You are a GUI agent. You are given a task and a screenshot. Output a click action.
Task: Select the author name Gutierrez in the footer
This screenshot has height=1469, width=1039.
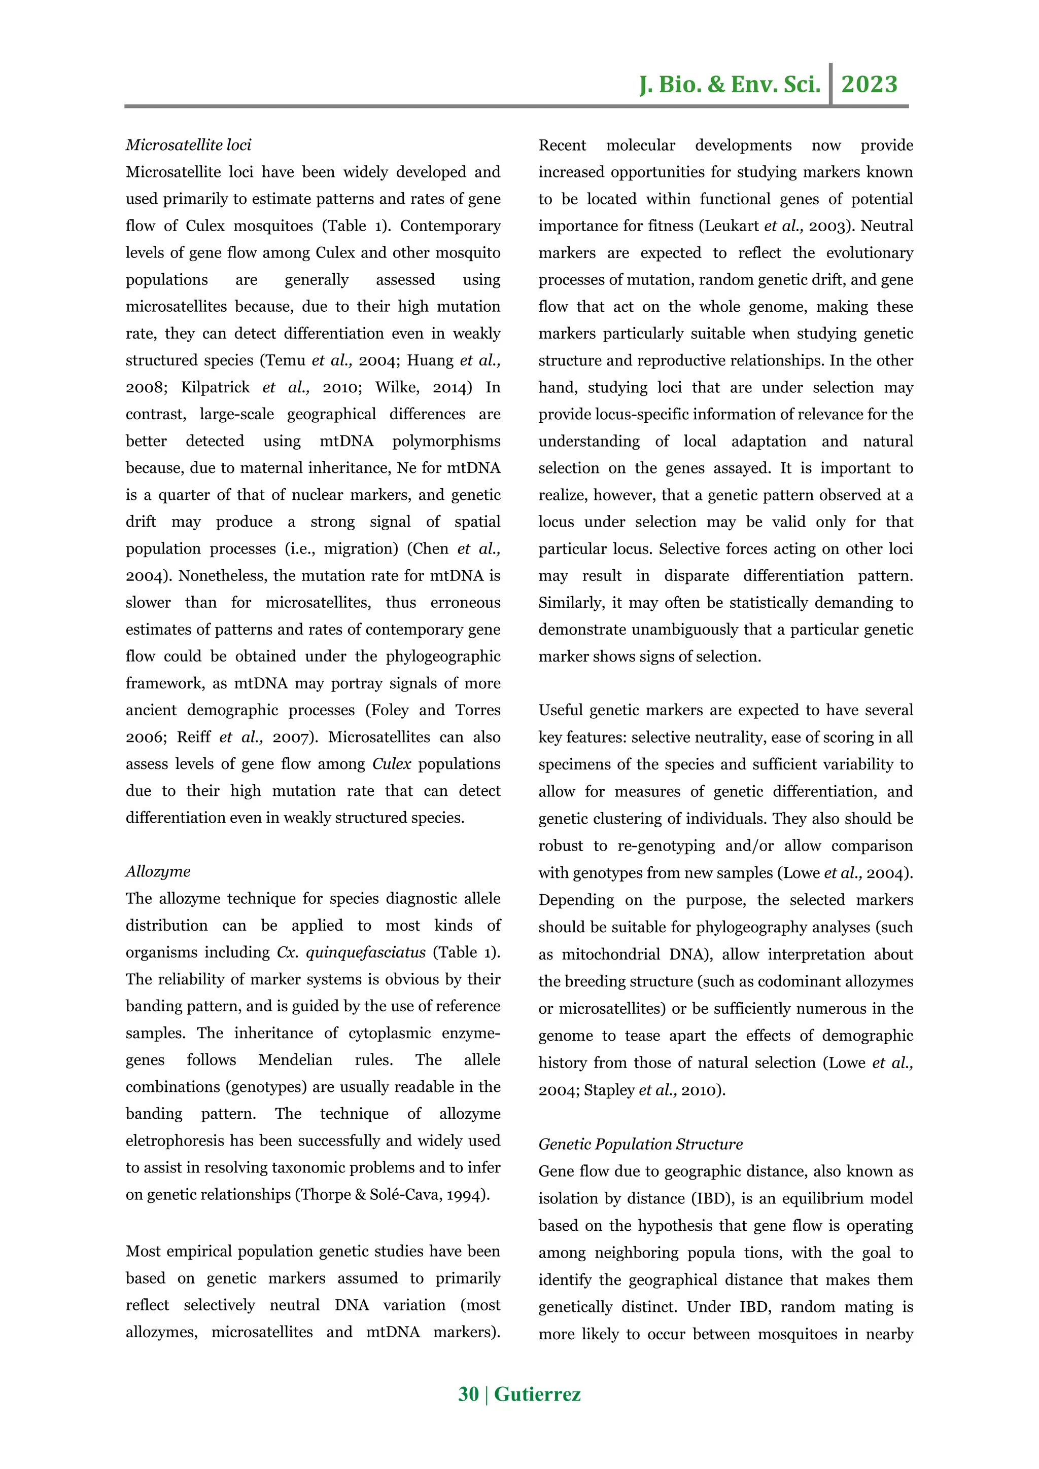click(537, 1393)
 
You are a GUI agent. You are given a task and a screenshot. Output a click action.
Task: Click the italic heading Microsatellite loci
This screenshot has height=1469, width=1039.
click(188, 145)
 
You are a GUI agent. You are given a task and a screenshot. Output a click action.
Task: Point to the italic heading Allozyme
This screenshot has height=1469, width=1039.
click(157, 871)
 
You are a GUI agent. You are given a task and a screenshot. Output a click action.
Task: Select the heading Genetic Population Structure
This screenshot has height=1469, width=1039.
click(640, 1144)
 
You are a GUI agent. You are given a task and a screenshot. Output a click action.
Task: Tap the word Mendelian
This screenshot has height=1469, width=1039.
click(295, 1060)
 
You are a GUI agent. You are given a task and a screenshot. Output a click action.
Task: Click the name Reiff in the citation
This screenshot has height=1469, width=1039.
click(193, 737)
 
